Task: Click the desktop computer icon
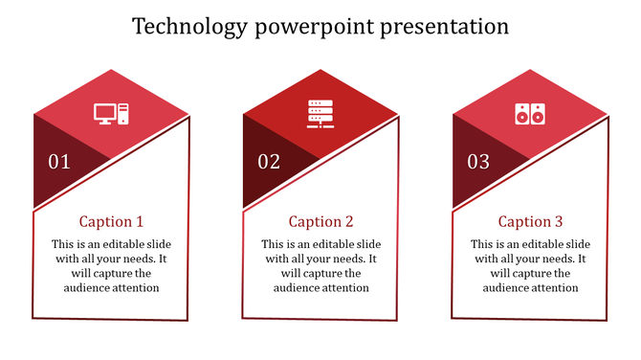(x=109, y=114)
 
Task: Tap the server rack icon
(x=319, y=113)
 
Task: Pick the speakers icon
(x=528, y=114)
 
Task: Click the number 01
(x=59, y=162)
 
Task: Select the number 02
(x=269, y=162)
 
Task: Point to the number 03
(x=478, y=162)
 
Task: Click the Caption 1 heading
(x=111, y=222)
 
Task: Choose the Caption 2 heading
(x=321, y=222)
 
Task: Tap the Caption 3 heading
(x=531, y=222)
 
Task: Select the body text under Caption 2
(x=321, y=266)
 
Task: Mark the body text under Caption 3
(x=531, y=266)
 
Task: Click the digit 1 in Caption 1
(x=140, y=222)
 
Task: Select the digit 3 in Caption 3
(x=559, y=222)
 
